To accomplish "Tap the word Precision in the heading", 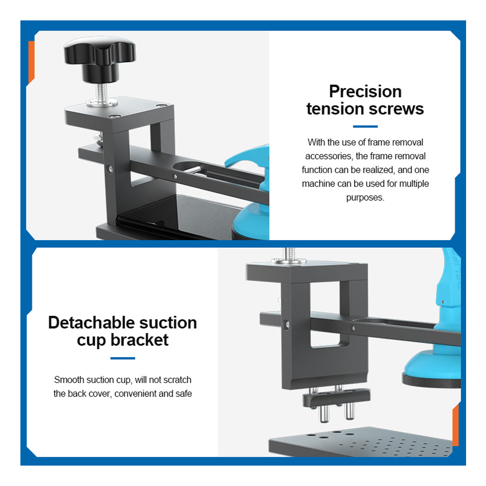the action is tap(365, 91).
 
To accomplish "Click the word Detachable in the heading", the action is tap(91, 323).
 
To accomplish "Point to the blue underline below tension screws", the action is tap(365, 126).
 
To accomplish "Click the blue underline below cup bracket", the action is tap(123, 358).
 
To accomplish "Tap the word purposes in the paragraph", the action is tap(364, 197).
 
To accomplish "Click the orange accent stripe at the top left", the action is tap(31, 62).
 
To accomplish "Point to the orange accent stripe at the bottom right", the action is tap(455, 425).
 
